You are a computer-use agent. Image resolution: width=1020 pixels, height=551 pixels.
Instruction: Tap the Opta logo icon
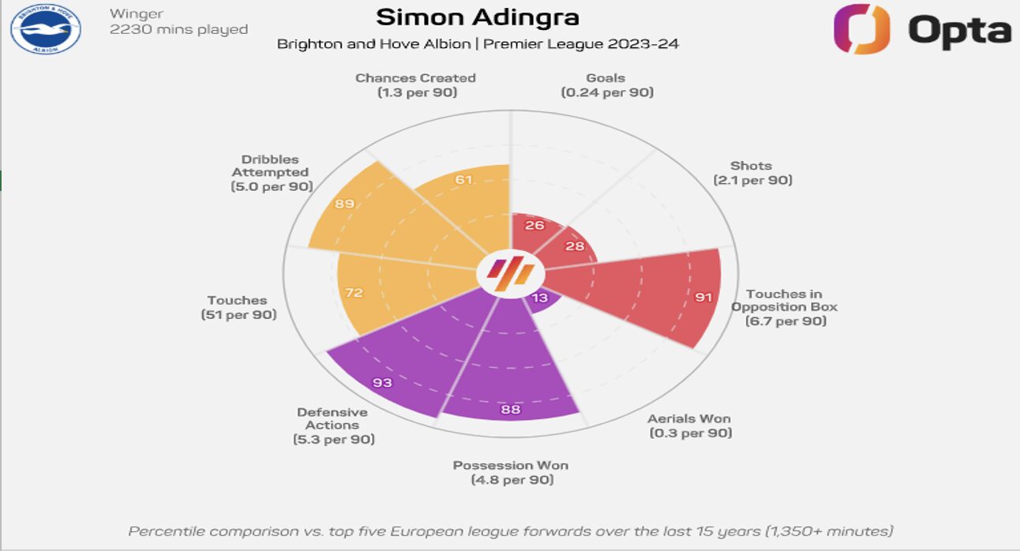point(861,30)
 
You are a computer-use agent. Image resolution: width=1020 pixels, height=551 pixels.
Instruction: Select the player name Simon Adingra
point(477,17)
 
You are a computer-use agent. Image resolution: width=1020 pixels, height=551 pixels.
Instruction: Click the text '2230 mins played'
point(178,30)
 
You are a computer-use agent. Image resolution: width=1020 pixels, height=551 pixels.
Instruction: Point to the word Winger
point(137,13)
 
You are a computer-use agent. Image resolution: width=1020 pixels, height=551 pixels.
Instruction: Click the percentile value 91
point(703,298)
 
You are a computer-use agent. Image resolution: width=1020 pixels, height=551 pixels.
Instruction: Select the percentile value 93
point(382,383)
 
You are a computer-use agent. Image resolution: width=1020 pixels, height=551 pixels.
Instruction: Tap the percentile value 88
point(512,409)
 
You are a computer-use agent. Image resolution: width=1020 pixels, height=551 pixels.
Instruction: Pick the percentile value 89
point(344,204)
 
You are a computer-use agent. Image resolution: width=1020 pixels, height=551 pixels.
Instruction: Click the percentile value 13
point(540,298)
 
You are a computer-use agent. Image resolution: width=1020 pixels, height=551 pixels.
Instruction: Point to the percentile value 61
point(464,179)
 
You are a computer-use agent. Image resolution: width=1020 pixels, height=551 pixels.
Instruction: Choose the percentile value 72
point(354,293)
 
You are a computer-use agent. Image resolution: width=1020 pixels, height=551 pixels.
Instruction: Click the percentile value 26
point(534,225)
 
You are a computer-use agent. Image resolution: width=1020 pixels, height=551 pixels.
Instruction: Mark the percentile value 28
point(574,246)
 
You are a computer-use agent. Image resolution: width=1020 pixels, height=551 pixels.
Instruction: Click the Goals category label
point(606,78)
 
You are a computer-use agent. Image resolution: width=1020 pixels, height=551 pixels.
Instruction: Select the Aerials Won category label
point(689,418)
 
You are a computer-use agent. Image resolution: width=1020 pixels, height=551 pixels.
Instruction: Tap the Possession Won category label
point(511,465)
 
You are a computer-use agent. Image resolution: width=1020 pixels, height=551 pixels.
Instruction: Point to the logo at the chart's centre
point(510,274)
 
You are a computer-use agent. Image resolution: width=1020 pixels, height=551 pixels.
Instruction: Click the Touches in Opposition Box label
point(785,300)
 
